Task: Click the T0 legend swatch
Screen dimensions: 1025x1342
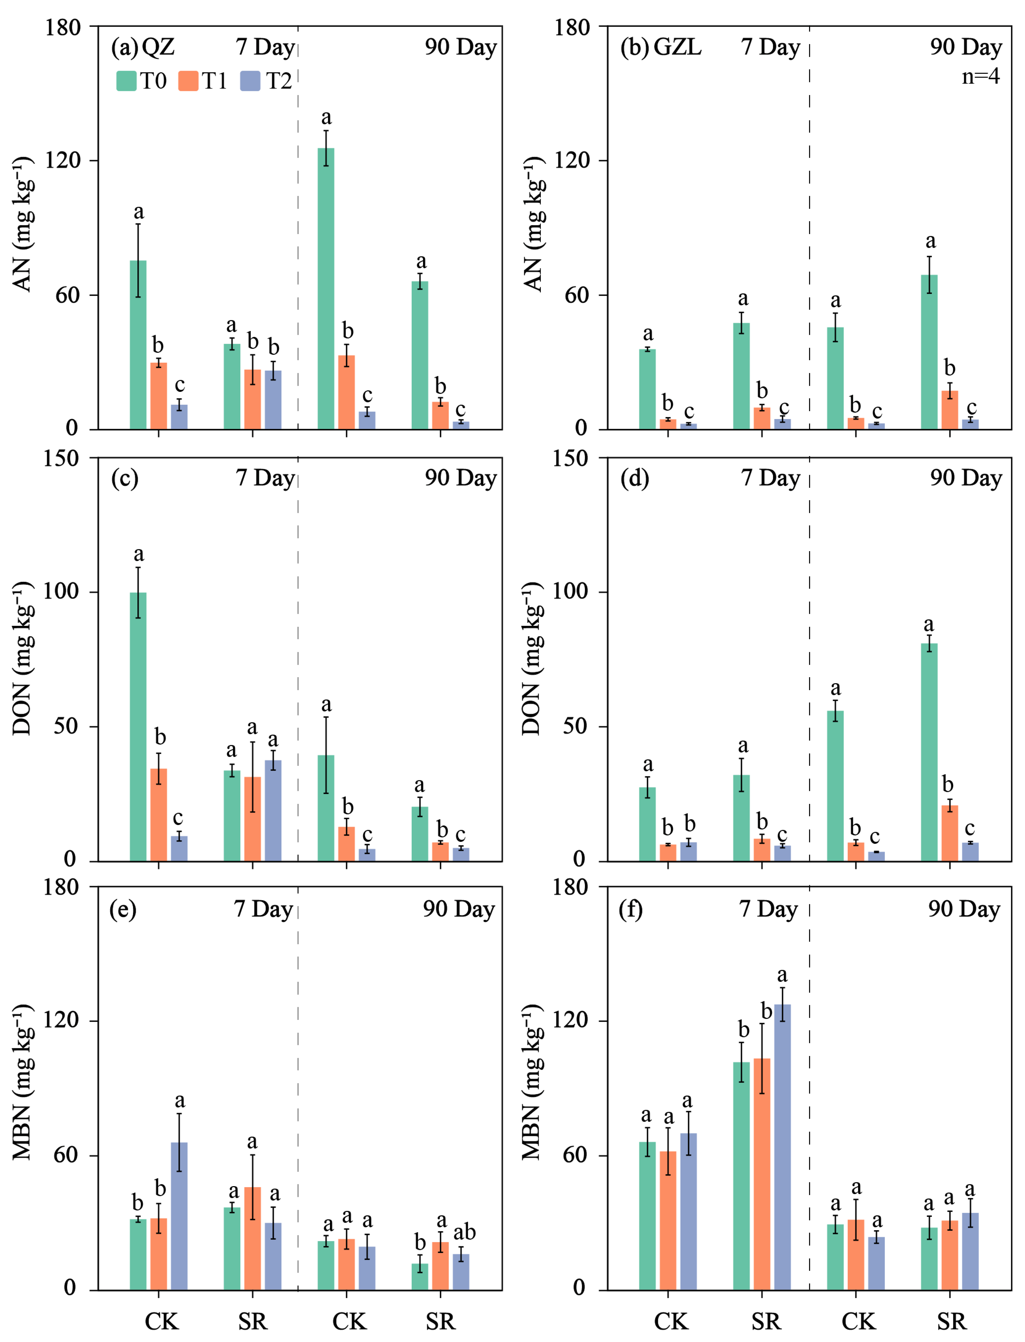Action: point(126,80)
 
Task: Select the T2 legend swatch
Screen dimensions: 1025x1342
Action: point(250,80)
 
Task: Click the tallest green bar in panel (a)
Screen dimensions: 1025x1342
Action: point(326,289)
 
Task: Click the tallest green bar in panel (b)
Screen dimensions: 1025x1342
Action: point(929,352)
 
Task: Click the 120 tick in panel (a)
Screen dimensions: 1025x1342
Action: point(63,161)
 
